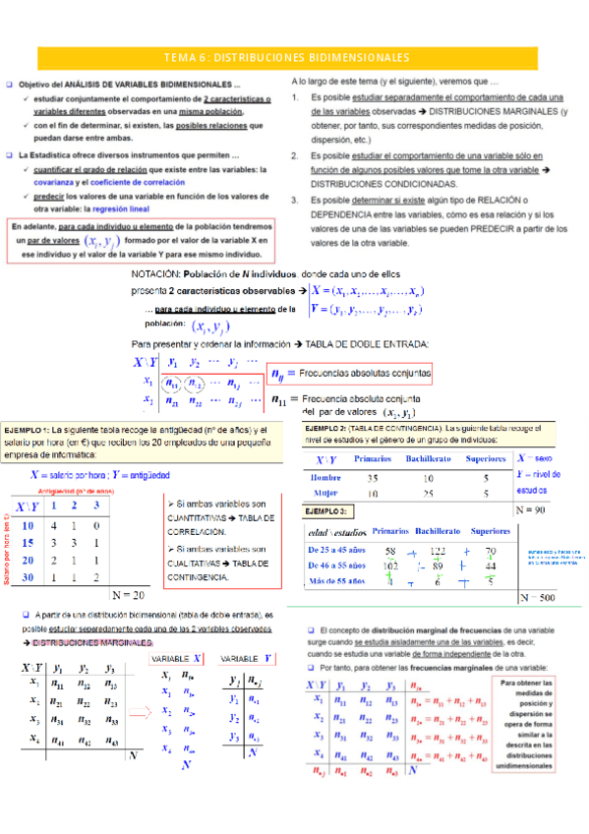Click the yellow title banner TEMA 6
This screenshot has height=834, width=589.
294,57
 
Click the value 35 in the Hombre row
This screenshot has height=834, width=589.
373,479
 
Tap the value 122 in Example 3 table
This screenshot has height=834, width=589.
439,551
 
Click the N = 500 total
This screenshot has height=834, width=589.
540,597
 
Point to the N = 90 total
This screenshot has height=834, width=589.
533,511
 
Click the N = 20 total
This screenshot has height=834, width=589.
128,594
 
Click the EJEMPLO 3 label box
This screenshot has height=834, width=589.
326,512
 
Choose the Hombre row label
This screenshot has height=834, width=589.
325,479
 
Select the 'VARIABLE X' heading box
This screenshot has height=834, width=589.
179,658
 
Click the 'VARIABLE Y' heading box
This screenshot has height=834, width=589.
247,658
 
